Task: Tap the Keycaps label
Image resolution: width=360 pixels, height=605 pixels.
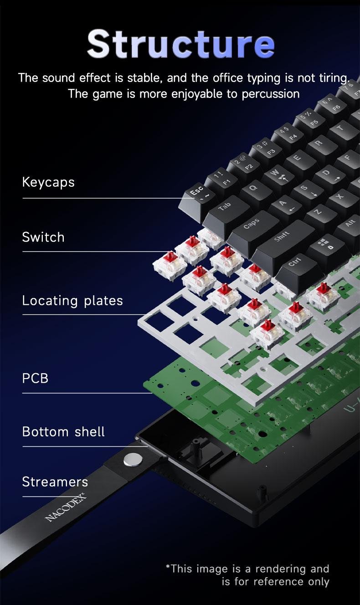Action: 48,182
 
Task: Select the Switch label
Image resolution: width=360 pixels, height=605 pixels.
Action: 43,237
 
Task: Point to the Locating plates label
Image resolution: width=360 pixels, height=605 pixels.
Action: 72,301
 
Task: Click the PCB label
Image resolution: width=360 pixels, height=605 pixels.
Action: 35,378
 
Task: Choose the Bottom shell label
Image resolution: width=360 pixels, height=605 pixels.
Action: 63,431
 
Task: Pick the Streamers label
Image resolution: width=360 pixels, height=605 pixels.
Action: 55,482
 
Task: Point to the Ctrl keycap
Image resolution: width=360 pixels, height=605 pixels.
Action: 295,263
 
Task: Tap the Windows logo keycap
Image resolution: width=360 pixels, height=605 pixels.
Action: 325,244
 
